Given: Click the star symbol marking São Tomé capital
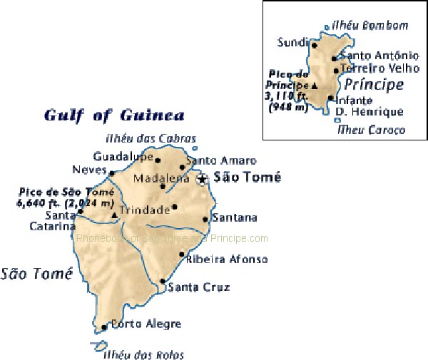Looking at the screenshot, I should coord(202,179).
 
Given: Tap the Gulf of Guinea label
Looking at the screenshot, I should coord(114,115).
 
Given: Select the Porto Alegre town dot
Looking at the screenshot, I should coord(104,327).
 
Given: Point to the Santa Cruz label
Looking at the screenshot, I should coord(189,287).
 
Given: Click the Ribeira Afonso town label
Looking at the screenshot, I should coord(226,259).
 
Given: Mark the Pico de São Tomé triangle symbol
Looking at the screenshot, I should coord(114,213).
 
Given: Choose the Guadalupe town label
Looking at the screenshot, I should coord(123,156).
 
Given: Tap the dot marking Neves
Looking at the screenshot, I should coord(112,173).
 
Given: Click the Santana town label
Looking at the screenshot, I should coord(235,218).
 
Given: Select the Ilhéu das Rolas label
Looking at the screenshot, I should coord(143,354).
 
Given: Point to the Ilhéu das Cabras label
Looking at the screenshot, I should coord(151,138).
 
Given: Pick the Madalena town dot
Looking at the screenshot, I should coord(163,187).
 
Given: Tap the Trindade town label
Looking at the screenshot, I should coord(144,210).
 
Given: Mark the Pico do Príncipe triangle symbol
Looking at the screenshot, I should coord(314,85).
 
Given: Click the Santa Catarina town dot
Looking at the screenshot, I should coord(80,211).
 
